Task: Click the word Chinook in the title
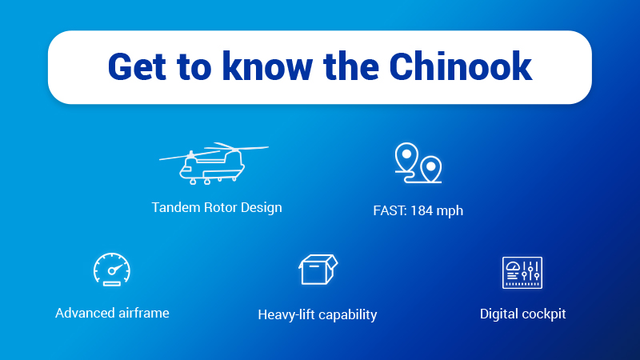pos(461,66)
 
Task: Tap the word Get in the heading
pos(137,66)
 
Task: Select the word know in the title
pos(268,66)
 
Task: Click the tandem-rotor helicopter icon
pos(214,164)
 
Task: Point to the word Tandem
pos(176,207)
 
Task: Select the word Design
pos(262,208)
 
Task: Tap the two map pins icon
pos(418,162)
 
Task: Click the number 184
pos(422,210)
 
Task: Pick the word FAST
pos(390,210)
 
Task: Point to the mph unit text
pos(450,211)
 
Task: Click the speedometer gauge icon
pos(112,270)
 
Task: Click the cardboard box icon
pos(318,270)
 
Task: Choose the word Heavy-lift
pos(286,314)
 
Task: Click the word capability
pos(348,315)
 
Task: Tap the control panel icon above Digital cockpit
pos(522,273)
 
